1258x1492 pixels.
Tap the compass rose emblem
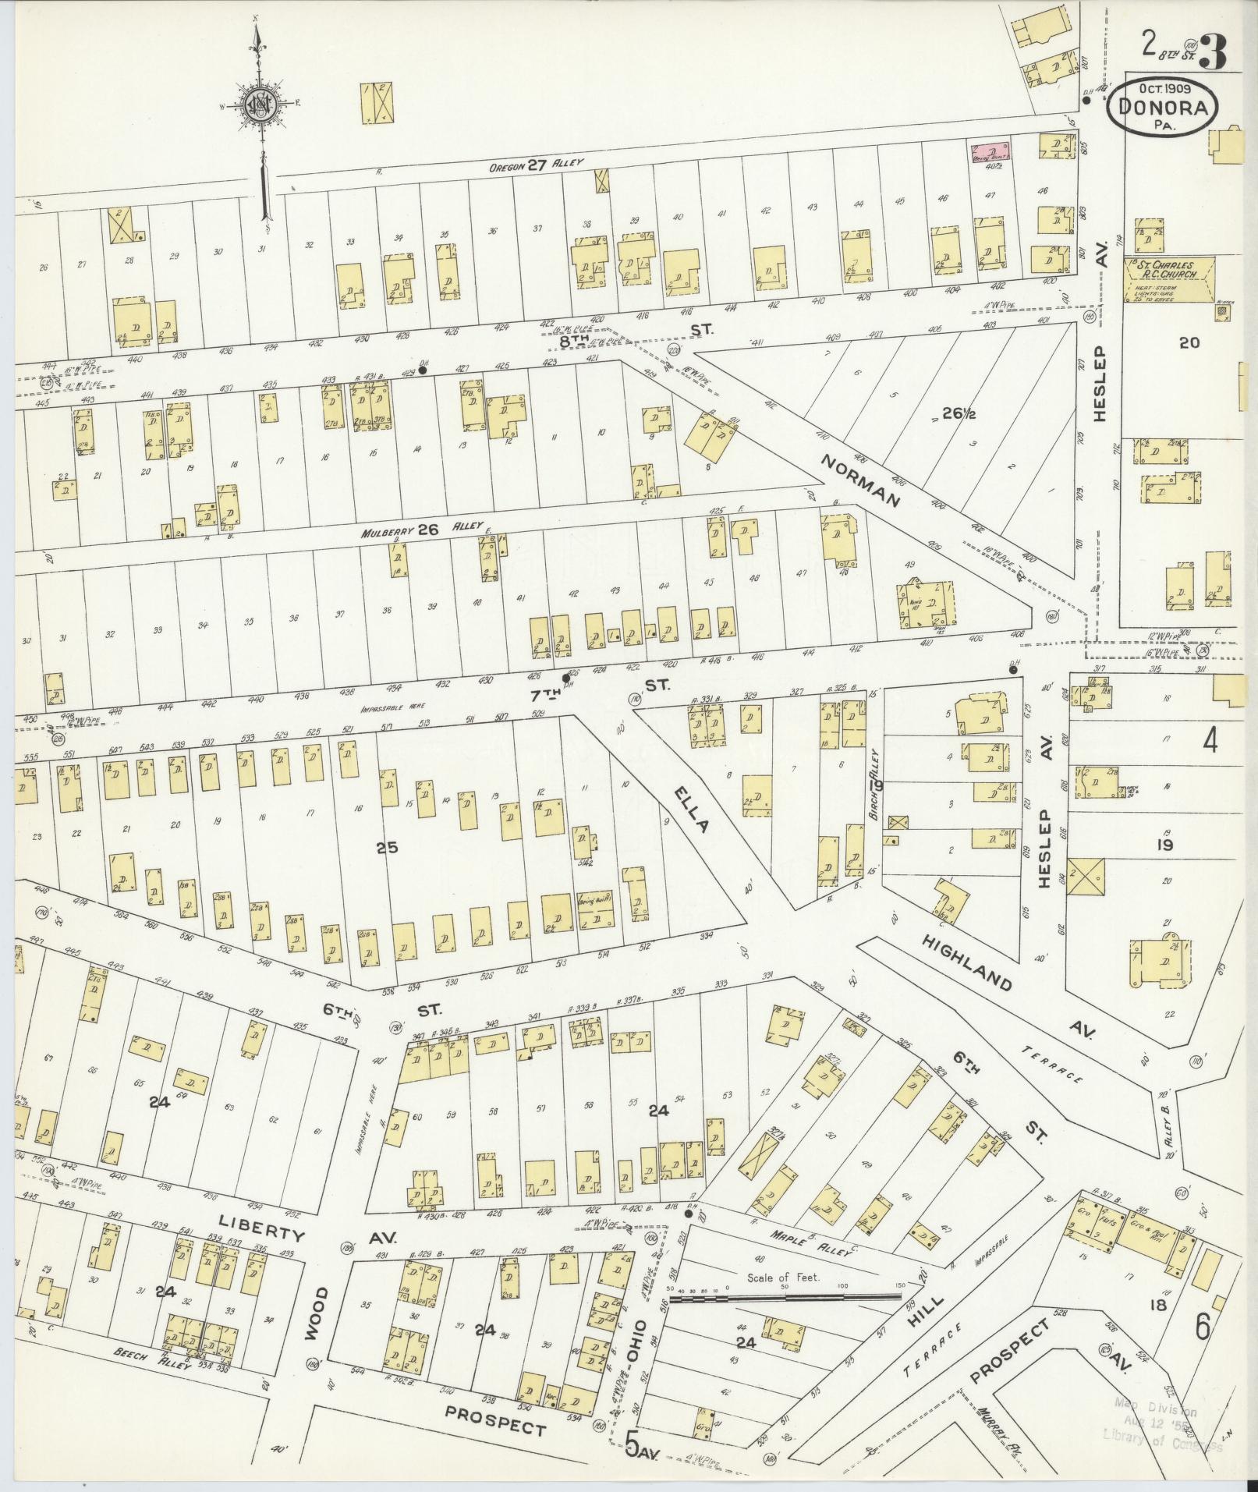tap(258, 105)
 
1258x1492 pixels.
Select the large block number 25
tap(387, 847)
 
